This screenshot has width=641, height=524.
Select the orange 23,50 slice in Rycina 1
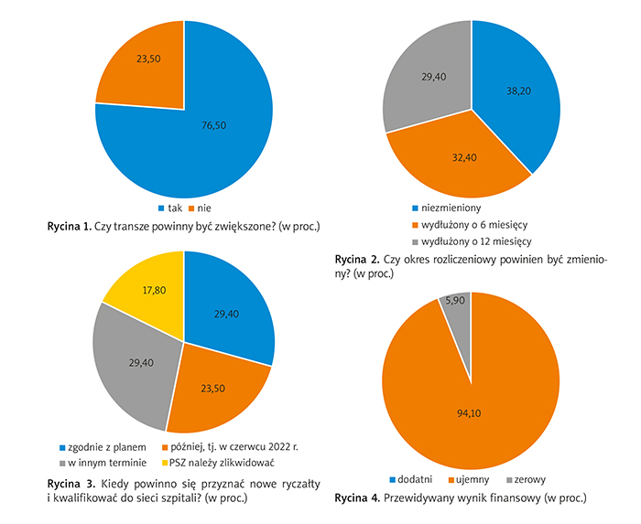point(142,64)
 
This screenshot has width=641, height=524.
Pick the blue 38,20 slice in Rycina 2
point(517,91)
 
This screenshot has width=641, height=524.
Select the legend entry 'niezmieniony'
point(451,208)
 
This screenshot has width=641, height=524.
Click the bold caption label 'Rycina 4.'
point(362,499)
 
